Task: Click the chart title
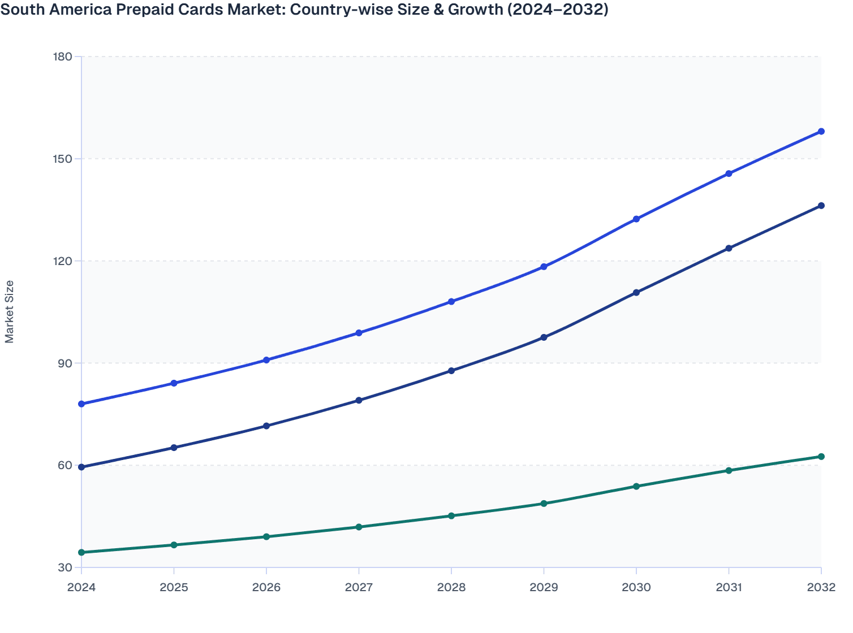[304, 10]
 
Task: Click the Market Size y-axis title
[10, 312]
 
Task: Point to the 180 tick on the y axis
[62, 57]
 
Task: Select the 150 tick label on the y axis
[62, 159]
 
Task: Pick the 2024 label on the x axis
[81, 587]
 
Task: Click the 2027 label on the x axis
[359, 587]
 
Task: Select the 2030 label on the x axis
[636, 587]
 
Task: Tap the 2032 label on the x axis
[821, 587]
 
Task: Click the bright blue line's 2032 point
[821, 132]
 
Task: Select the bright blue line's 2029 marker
[544, 267]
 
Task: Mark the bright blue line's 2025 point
[174, 383]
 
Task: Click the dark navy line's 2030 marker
[636, 293]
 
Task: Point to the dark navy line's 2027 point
[359, 400]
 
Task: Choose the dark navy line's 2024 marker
[81, 467]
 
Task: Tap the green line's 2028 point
[451, 516]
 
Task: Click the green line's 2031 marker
[729, 471]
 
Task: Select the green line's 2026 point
[266, 537]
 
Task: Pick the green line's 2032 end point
[821, 457]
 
